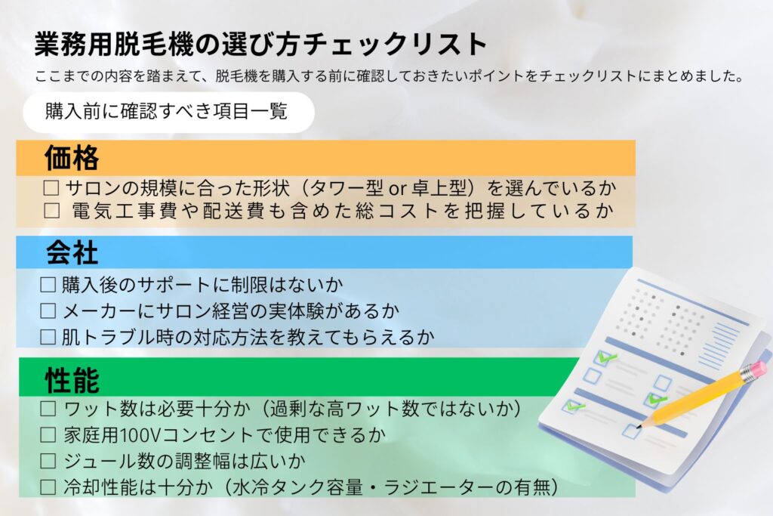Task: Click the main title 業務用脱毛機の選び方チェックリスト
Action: pyautogui.click(x=261, y=45)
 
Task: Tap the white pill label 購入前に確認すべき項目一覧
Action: pyautogui.click(x=167, y=112)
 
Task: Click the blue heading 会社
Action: pyautogui.click(x=72, y=252)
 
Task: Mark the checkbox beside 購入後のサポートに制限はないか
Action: pyautogui.click(x=48, y=286)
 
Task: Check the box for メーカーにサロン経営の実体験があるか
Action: pyautogui.click(x=48, y=310)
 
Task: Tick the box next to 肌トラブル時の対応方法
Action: pyautogui.click(x=48, y=335)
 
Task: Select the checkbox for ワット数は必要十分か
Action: pyautogui.click(x=48, y=409)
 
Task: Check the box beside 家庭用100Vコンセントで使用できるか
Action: pyautogui.click(x=48, y=435)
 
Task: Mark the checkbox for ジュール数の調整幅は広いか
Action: pyautogui.click(x=48, y=461)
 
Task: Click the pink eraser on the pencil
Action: pyautogui.click(x=753, y=371)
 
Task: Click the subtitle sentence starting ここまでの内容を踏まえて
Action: pyautogui.click(x=390, y=76)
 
